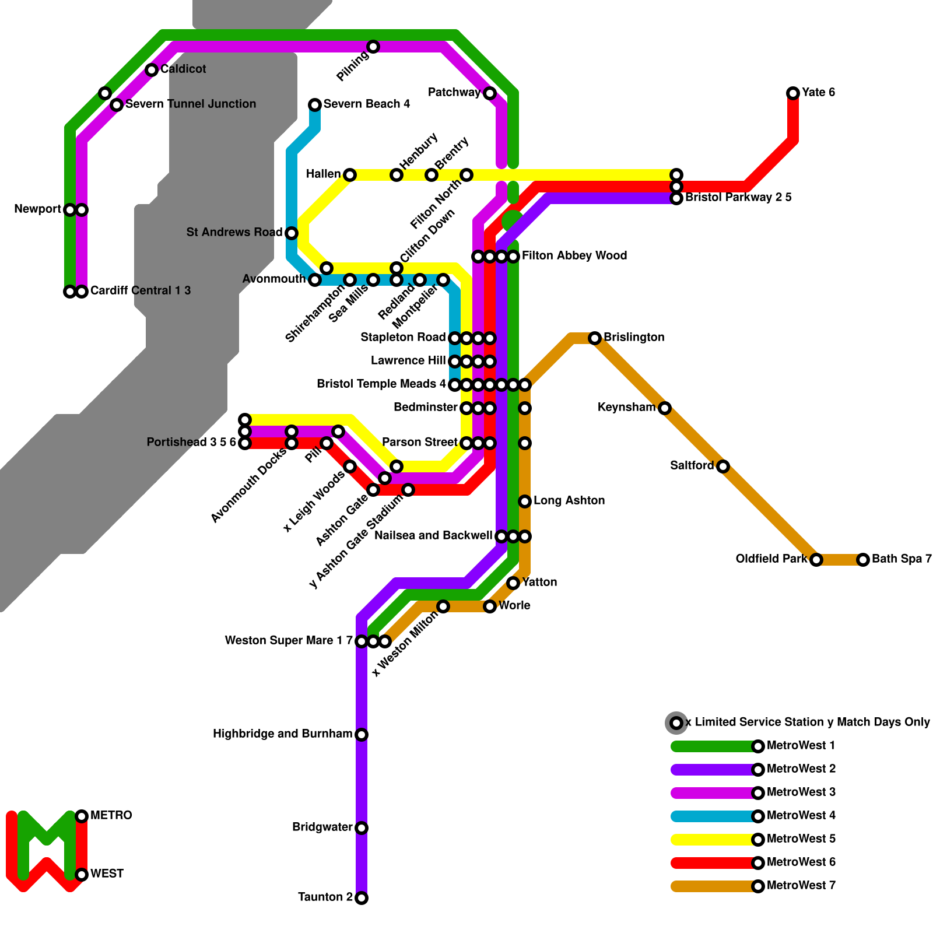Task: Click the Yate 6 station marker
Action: (x=793, y=93)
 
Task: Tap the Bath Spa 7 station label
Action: (x=902, y=559)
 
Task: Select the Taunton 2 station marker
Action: (x=362, y=898)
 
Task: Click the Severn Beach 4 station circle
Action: (x=315, y=105)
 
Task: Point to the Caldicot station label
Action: (x=183, y=69)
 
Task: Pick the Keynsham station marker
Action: (x=665, y=408)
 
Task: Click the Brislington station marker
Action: (x=595, y=338)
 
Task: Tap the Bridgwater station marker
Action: (x=362, y=828)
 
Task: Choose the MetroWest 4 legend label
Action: (x=801, y=816)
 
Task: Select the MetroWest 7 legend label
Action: (x=801, y=886)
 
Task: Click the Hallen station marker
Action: (x=350, y=175)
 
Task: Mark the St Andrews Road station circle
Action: (x=292, y=233)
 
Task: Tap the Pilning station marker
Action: (x=373, y=47)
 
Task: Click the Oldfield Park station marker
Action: (x=816, y=560)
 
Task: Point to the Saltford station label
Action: (x=692, y=466)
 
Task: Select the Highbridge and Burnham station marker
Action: (x=362, y=735)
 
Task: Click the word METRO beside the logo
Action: (x=111, y=816)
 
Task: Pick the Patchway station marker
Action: (x=490, y=93)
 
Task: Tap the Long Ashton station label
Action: (x=569, y=501)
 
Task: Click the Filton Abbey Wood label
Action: (x=574, y=256)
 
